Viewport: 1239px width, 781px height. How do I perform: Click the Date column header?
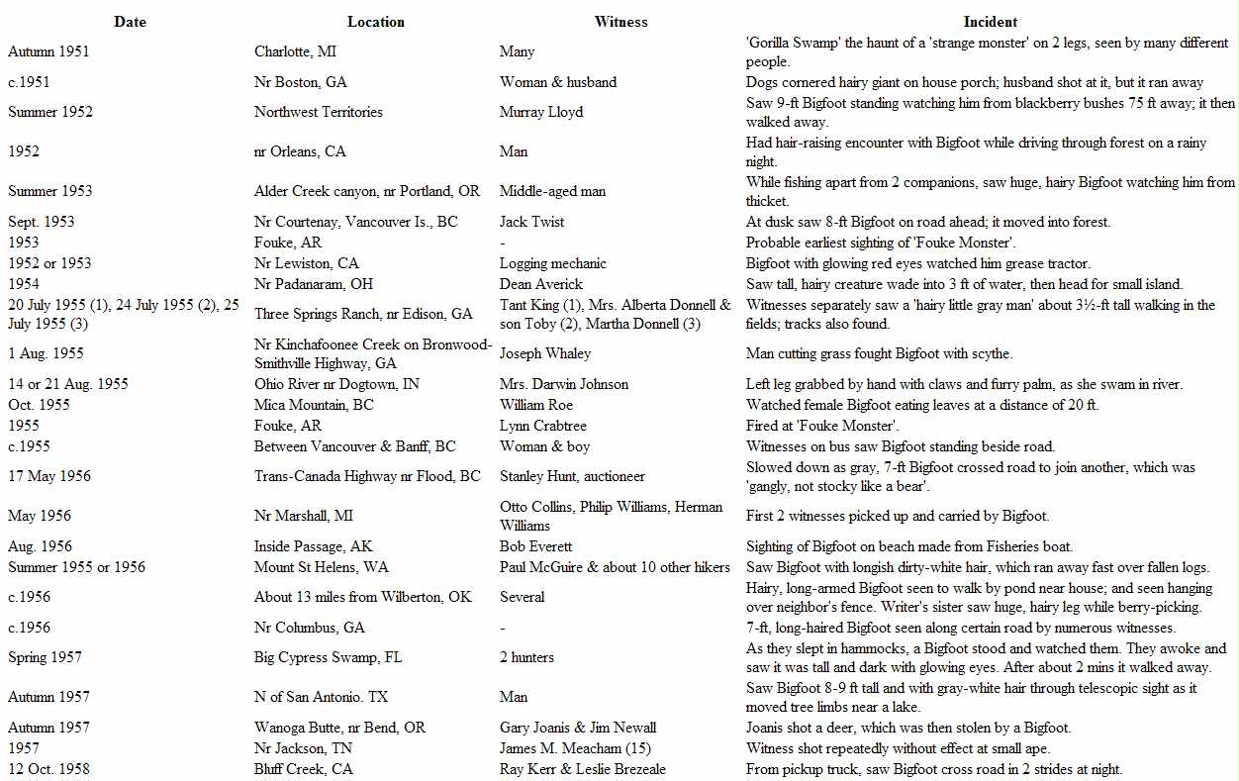(x=130, y=22)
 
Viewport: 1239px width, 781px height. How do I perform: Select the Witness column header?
(x=620, y=22)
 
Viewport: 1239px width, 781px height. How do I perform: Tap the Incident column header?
(x=990, y=22)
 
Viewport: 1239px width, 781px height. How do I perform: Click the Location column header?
(x=375, y=22)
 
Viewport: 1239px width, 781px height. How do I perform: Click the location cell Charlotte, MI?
(x=295, y=51)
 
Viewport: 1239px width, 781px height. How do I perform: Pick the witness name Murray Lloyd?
(x=541, y=112)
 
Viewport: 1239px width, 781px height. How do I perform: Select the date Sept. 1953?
(x=41, y=222)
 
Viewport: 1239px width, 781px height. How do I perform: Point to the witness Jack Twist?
(x=532, y=222)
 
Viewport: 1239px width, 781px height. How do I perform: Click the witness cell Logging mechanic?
(x=553, y=263)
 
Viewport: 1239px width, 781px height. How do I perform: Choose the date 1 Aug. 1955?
(x=46, y=353)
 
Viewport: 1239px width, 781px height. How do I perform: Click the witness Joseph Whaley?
(x=545, y=353)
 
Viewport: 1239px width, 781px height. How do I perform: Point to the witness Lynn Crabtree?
(x=543, y=426)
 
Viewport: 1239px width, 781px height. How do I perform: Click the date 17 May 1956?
(x=49, y=476)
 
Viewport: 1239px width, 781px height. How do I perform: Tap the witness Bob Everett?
(x=535, y=546)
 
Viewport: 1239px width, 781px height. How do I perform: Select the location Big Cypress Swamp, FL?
(x=328, y=657)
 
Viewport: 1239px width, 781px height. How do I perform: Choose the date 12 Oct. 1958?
(x=48, y=769)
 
